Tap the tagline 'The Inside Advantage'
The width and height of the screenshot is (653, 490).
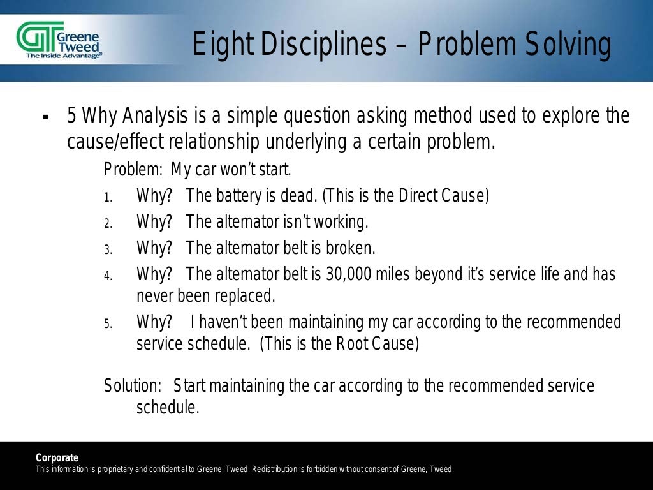[63, 56]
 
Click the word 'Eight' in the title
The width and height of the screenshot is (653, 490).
[219, 45]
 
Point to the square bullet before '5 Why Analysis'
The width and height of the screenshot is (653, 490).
[45, 118]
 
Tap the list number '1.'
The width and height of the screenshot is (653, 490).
[108, 197]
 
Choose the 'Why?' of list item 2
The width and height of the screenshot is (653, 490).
[154, 222]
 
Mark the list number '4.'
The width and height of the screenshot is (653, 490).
[108, 276]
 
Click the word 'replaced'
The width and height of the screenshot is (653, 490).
[244, 296]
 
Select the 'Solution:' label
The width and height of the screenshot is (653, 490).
[133, 386]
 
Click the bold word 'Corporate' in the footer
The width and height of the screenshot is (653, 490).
[57, 457]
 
